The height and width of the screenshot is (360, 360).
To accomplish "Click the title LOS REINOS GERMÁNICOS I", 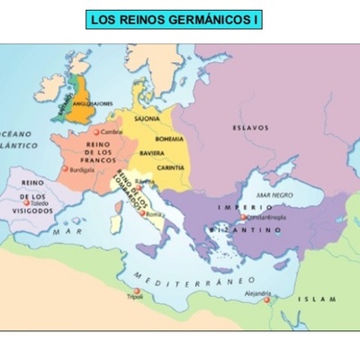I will pos(174,19).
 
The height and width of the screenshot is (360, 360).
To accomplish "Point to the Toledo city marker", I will pos(29,204).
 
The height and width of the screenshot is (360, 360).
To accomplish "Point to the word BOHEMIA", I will pos(168,139).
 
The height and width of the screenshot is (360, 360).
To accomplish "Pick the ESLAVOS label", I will pos(250,128).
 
